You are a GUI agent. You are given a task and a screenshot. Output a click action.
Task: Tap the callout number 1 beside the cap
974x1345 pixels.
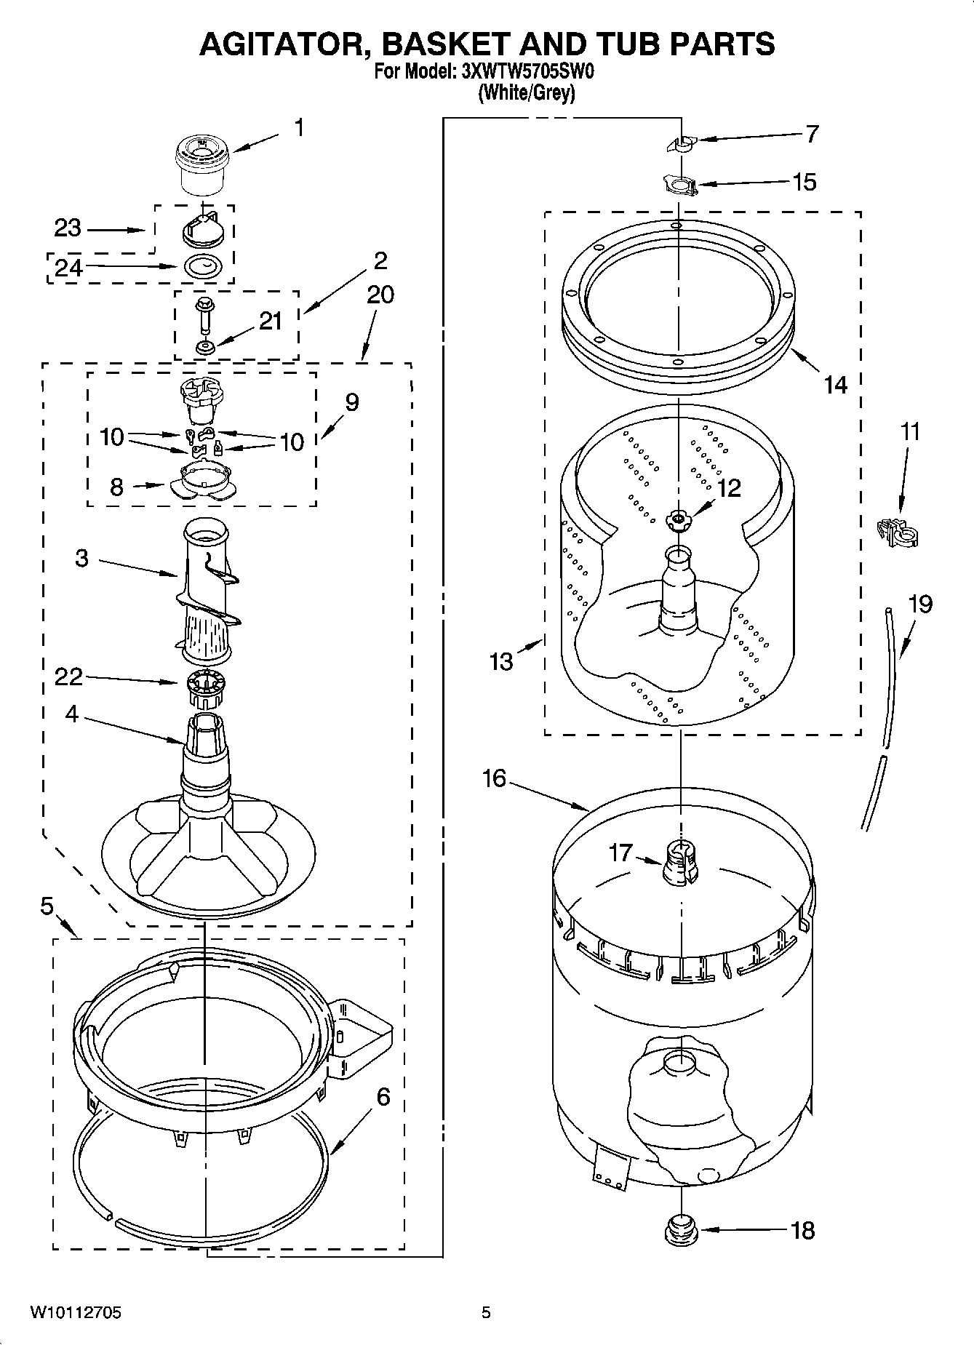point(298,128)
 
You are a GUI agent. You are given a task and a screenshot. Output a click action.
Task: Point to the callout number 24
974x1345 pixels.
point(68,268)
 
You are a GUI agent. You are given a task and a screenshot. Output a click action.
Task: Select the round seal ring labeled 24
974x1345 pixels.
point(203,267)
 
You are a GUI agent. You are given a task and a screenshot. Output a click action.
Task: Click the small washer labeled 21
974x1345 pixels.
point(206,347)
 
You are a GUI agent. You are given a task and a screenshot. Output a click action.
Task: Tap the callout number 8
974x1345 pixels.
point(116,487)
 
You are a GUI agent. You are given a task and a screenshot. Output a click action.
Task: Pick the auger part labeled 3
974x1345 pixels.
point(207,589)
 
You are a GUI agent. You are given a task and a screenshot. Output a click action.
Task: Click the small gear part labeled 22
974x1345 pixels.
point(207,688)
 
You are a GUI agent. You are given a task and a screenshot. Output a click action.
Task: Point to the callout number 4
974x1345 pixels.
point(71,714)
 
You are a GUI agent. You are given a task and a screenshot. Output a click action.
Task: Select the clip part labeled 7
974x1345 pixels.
point(682,143)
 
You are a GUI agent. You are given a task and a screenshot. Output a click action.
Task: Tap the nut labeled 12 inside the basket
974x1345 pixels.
point(677,519)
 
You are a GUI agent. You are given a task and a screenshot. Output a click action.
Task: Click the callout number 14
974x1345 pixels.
point(836,383)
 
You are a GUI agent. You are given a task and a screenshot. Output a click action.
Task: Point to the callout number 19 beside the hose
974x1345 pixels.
point(920,604)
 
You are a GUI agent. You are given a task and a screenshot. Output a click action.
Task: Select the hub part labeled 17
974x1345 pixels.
point(680,862)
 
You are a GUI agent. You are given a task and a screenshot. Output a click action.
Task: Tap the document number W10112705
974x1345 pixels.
point(75,1312)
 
